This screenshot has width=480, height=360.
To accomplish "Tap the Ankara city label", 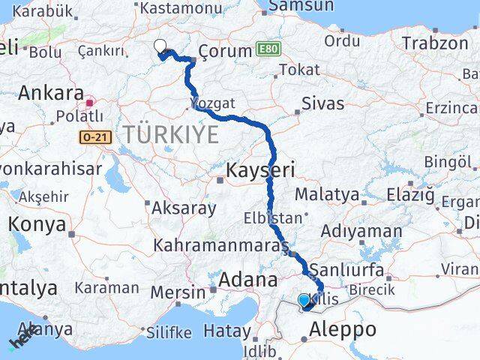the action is click(x=50, y=93).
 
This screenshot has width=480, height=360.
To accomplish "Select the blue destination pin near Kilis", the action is click(x=304, y=301).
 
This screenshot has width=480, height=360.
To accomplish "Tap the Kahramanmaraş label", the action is click(x=220, y=245).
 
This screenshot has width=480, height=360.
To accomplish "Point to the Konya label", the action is click(x=36, y=223).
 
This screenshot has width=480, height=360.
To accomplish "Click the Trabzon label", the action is click(x=434, y=43).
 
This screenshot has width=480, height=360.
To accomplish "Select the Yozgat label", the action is click(x=213, y=103).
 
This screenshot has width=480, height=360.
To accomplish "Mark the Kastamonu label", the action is click(x=172, y=7).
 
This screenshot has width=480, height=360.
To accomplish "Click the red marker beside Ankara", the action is click(x=90, y=103).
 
